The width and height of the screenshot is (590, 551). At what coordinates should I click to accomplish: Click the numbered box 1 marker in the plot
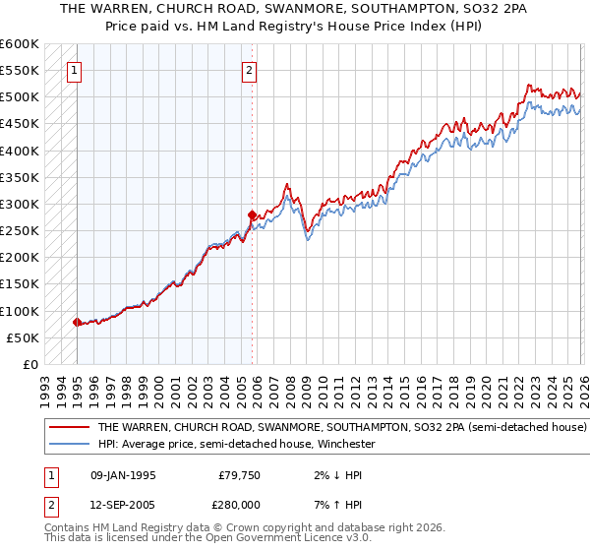click(76, 70)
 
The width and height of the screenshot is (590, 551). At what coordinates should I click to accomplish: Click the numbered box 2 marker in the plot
click(250, 70)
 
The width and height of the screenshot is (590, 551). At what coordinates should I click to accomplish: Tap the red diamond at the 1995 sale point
click(77, 322)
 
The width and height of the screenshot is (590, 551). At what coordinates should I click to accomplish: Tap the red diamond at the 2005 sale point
click(252, 214)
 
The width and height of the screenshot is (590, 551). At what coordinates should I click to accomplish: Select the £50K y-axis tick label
click(23, 337)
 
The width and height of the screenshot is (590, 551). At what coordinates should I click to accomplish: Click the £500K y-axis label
click(20, 97)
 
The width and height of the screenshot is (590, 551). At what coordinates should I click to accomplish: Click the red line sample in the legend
click(69, 428)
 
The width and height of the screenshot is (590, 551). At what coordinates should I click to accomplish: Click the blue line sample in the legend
click(69, 444)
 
